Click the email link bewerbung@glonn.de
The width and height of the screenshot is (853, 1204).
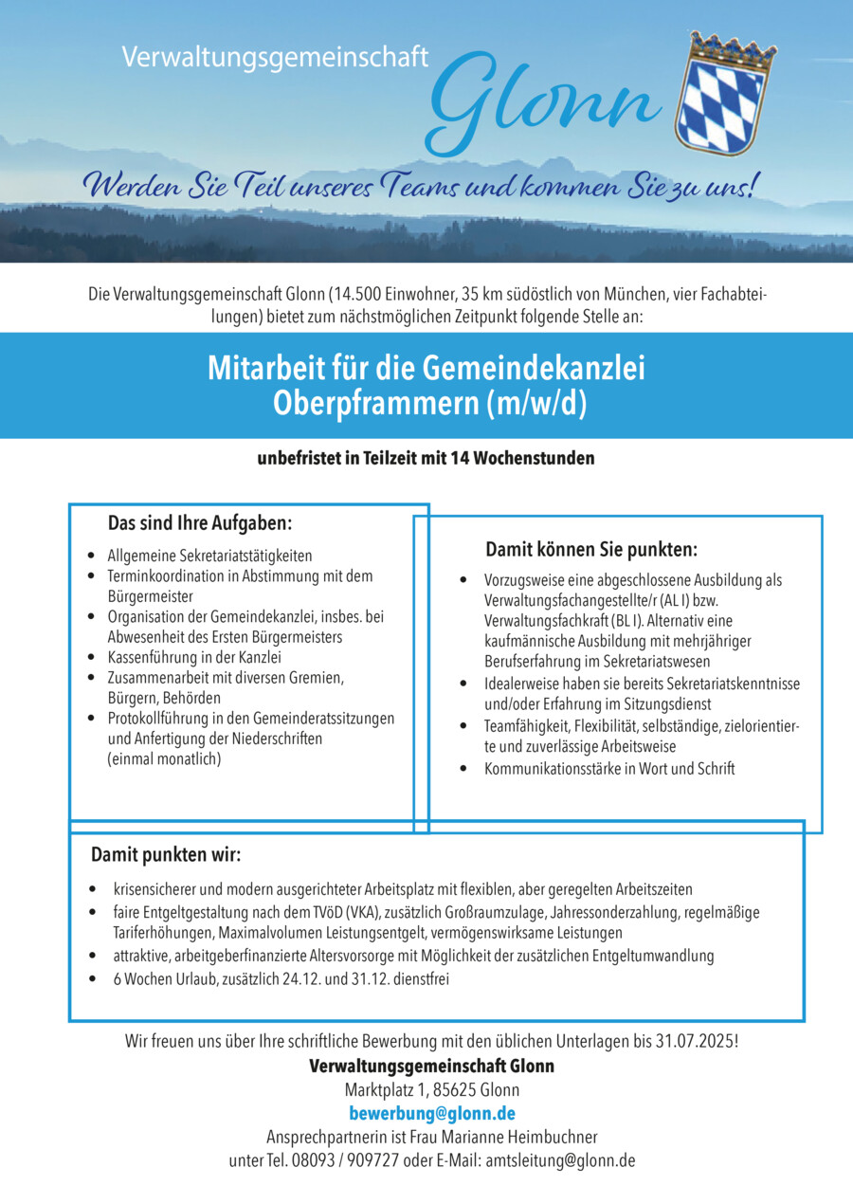(432, 1113)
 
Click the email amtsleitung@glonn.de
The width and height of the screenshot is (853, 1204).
(560, 1160)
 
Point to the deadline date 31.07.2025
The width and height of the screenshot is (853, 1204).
(695, 1041)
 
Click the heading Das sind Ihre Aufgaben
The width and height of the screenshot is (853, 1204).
(200, 523)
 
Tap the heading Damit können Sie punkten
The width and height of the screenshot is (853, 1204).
(591, 550)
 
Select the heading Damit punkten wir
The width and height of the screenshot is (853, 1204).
(166, 855)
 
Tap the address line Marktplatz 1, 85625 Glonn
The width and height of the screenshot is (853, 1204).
(431, 1089)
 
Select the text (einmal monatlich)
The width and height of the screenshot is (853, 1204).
(164, 758)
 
